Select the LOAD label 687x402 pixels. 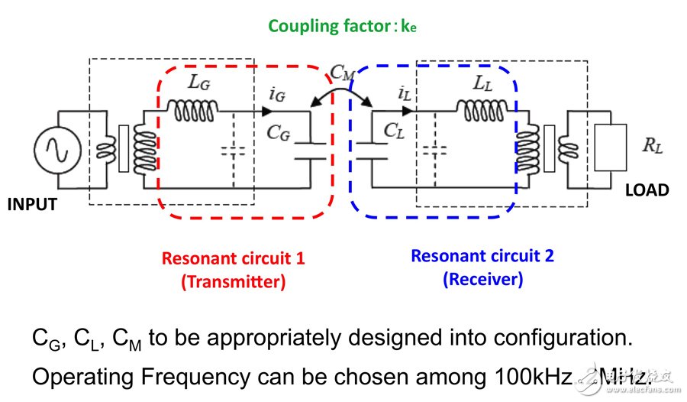(646, 190)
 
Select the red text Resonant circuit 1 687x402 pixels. (233, 258)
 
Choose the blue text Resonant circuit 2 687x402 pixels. (482, 255)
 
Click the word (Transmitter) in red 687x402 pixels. (233, 281)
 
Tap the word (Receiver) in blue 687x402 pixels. (482, 279)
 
